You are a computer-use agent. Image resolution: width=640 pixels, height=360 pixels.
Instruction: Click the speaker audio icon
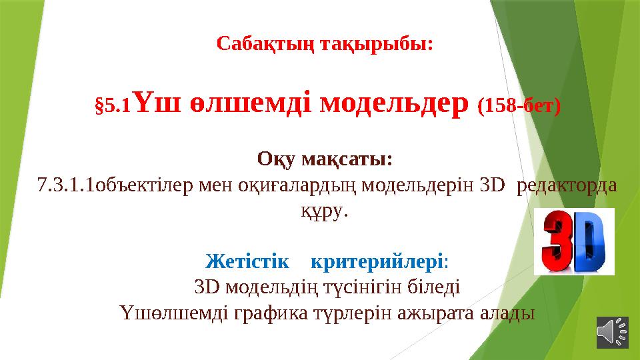tap(612, 331)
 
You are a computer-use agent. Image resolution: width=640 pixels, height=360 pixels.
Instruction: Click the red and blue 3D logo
tap(577, 241)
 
